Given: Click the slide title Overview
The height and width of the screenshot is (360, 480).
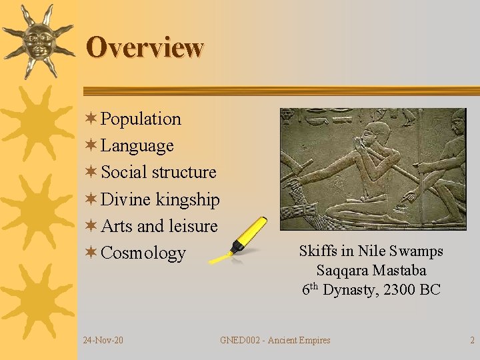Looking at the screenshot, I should (x=145, y=47).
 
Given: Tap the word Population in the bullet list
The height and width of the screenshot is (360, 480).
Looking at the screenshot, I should (x=141, y=119).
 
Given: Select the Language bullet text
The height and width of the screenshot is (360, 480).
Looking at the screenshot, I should (x=137, y=145).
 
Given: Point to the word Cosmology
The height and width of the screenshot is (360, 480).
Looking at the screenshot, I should (x=143, y=253).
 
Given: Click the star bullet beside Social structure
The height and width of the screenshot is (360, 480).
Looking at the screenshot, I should (x=91, y=172).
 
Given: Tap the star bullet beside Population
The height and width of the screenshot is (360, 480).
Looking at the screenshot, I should (x=91, y=119).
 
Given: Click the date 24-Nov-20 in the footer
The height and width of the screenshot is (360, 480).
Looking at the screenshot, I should (x=103, y=341).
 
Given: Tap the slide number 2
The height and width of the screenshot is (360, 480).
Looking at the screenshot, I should (x=472, y=341).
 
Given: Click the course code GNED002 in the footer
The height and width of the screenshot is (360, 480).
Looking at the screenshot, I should (x=241, y=341).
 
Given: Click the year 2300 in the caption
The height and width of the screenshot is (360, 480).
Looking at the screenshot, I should (x=402, y=290).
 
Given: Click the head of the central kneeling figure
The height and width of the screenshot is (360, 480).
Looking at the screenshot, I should (x=379, y=133).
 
